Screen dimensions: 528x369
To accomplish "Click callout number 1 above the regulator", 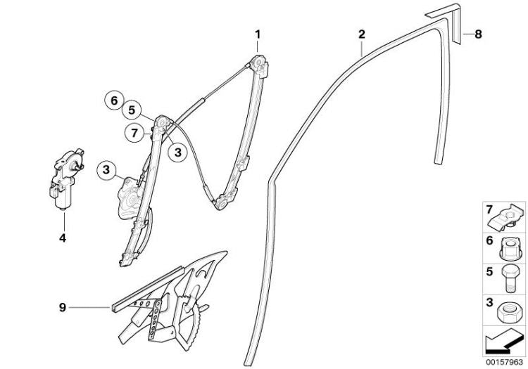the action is point(258,34).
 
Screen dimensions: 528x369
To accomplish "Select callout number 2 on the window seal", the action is point(361,34).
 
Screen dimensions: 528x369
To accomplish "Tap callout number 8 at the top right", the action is point(478,34).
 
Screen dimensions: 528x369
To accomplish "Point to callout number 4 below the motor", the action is point(63,238).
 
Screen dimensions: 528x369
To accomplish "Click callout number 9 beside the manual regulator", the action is point(63,307).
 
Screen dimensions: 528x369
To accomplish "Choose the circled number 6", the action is point(114,101).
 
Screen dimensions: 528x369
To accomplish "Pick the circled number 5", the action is point(132,110).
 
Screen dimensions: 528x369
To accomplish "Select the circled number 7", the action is point(134,133).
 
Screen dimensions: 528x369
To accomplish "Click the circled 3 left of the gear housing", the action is point(106,169).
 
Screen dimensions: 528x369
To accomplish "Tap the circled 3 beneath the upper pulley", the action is point(178,153).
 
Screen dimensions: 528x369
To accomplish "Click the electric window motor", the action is point(64,179).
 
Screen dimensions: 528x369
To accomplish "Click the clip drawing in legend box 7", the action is point(507,217).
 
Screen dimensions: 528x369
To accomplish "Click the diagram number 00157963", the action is point(505,362).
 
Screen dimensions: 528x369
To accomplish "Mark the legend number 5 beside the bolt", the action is point(489,271).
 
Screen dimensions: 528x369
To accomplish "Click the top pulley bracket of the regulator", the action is point(260,66).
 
